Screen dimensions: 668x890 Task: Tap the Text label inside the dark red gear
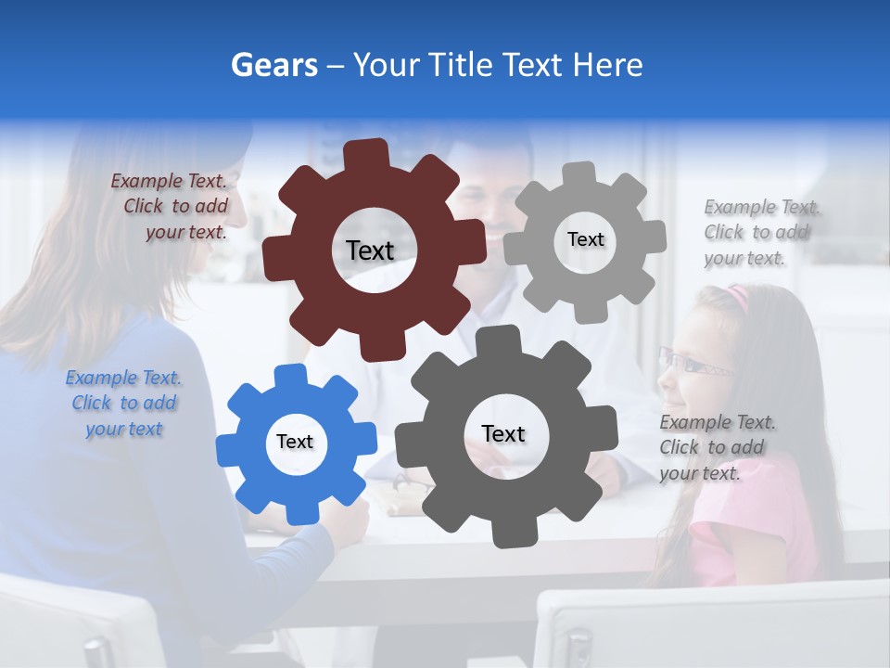(x=370, y=250)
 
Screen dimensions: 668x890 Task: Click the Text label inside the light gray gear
(x=585, y=239)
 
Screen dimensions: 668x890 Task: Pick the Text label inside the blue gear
(x=295, y=442)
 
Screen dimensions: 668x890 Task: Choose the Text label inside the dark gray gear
(x=503, y=433)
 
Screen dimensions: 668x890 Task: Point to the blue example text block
(x=123, y=404)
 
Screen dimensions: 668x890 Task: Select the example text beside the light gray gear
(x=761, y=232)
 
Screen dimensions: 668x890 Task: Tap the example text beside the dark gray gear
(x=718, y=447)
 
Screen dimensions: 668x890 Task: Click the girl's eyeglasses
(x=691, y=364)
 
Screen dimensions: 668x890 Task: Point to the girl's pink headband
(x=738, y=297)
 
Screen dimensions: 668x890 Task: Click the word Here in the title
(x=607, y=65)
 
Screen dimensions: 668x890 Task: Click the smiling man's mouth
(x=494, y=229)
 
